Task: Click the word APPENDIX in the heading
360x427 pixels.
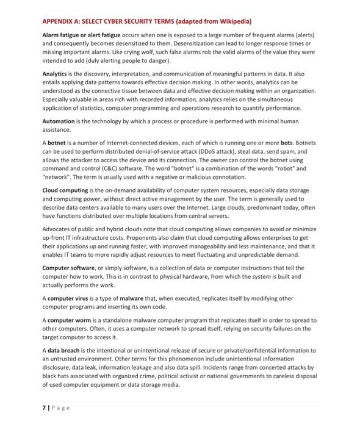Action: point(59,21)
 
